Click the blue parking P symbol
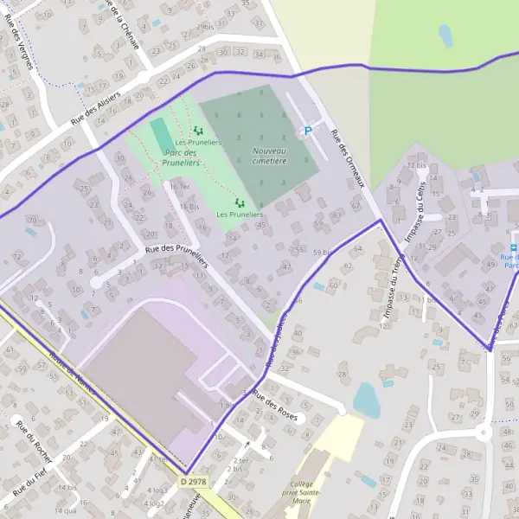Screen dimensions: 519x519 coord(306,131)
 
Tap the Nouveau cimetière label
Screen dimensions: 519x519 coord(270,155)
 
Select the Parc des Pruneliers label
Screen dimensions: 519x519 coord(182,157)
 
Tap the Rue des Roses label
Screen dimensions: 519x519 coord(274,405)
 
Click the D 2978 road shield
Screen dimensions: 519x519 coord(195,481)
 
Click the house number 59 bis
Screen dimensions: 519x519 coord(322,252)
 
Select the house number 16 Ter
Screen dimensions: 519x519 coord(179,186)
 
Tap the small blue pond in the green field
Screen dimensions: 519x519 coord(445,35)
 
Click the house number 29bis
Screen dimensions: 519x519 coord(204,27)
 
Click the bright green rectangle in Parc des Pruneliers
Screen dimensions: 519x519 coord(162,135)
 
